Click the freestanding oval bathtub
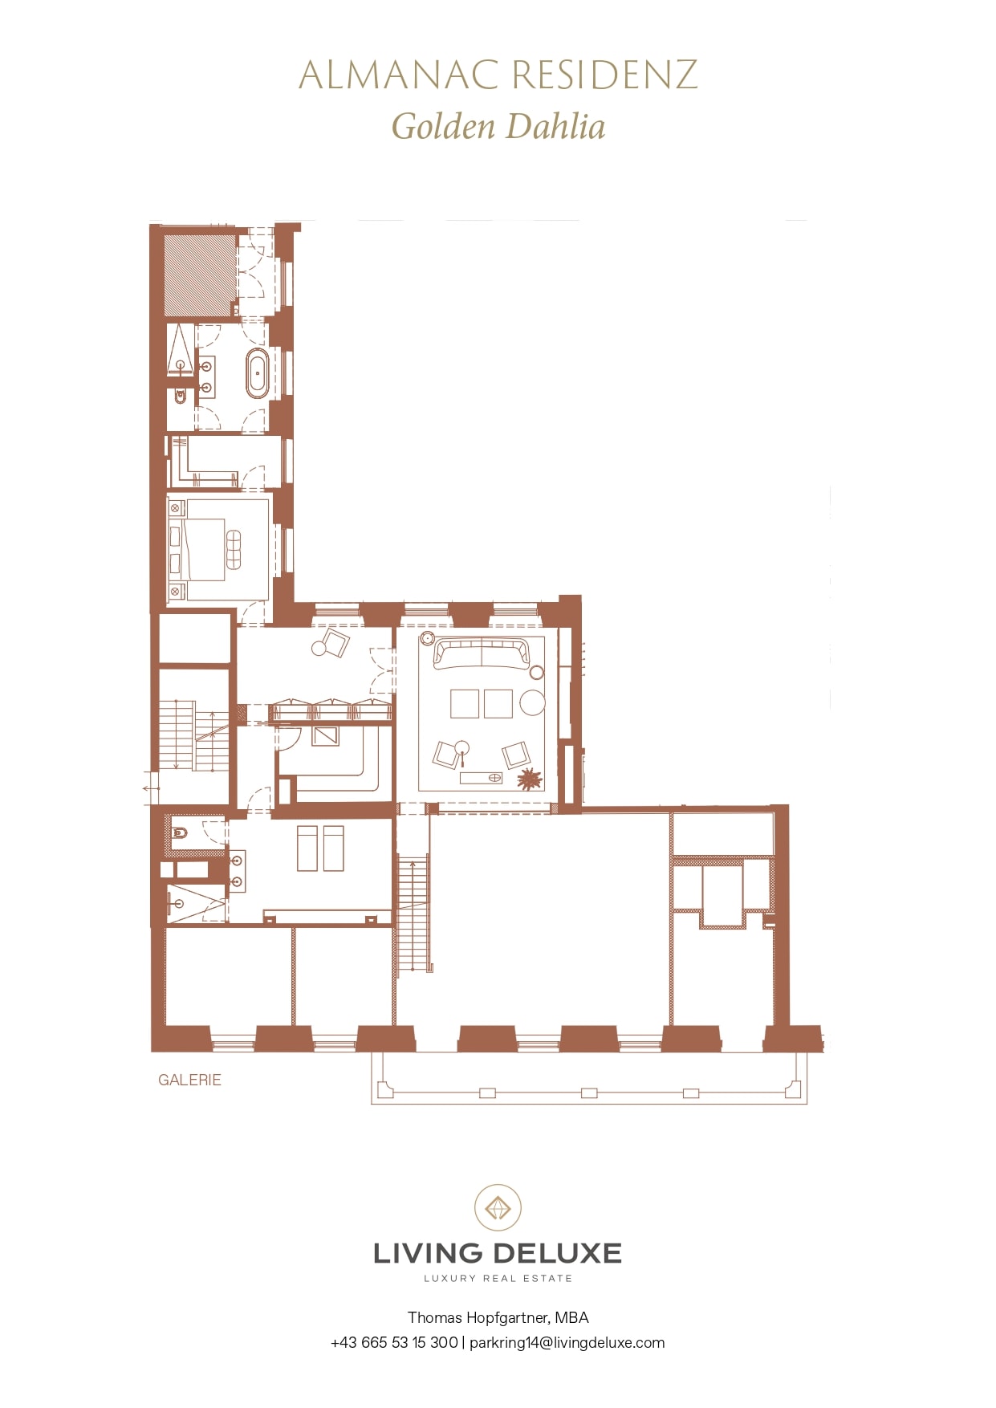(258, 373)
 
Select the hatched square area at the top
(200, 275)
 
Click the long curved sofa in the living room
(482, 653)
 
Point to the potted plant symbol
(529, 778)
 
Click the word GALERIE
(189, 1080)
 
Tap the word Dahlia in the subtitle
(555, 127)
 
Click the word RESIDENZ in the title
(604, 75)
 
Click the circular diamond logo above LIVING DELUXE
(498, 1207)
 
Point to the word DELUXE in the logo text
(558, 1253)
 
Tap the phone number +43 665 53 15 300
(394, 1342)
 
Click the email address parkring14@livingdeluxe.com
(567, 1342)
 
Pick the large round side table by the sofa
(532, 702)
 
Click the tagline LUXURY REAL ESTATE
(498, 1278)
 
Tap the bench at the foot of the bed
(234, 549)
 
